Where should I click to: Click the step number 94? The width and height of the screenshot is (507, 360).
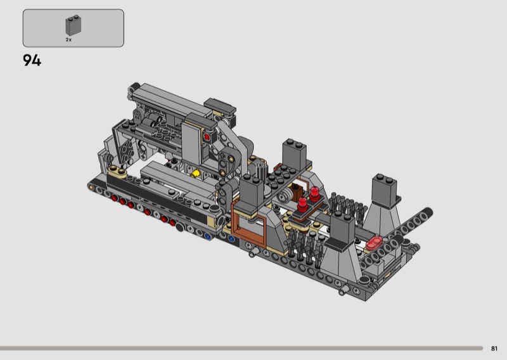click(32, 60)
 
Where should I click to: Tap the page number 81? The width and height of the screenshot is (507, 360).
click(494, 349)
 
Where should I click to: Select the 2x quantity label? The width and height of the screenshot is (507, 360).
click(68, 40)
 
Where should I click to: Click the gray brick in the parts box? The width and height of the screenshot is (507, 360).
click(74, 25)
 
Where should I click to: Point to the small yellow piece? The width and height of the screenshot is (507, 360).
click(195, 174)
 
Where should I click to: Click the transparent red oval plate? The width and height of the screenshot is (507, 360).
click(374, 242)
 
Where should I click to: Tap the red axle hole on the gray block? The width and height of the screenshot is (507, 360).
click(207, 137)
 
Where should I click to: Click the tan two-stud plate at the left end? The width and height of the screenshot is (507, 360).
click(117, 171)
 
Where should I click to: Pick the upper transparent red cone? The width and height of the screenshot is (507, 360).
click(314, 194)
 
